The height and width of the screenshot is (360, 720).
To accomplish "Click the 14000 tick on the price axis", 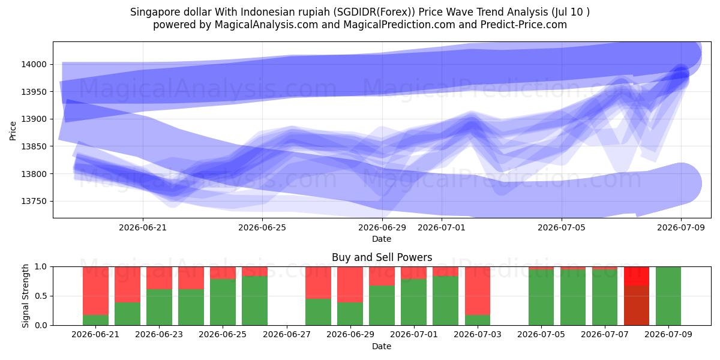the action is [34, 64].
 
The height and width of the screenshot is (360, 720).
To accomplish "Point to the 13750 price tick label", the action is [34, 201].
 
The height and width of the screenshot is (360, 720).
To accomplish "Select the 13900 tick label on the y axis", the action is [34, 119].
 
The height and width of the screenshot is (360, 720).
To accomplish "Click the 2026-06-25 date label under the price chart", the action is [262, 227].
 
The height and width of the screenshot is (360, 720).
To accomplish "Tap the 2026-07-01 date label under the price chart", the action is [442, 227].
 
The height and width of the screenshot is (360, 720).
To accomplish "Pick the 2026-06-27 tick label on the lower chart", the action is [287, 334].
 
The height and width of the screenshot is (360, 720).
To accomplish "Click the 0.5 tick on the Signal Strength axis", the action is [41, 296].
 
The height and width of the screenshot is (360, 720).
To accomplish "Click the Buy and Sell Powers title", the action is [382, 257].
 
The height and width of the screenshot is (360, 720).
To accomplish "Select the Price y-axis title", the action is [13, 131].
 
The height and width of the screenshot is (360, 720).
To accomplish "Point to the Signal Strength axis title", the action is [25, 296].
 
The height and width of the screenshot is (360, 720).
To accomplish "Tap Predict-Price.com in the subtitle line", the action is [524, 25].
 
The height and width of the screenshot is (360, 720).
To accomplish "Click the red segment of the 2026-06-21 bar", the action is [95, 290].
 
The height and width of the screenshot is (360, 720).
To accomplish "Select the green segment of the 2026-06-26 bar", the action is [254, 301].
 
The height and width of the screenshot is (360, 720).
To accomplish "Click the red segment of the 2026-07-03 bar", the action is [478, 290].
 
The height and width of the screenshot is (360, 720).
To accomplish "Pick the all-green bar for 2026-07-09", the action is [668, 296].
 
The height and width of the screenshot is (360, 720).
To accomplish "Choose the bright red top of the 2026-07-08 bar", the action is [637, 276].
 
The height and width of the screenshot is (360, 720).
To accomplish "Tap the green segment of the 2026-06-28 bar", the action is [318, 312].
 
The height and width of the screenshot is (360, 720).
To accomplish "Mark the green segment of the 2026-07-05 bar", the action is [541, 298].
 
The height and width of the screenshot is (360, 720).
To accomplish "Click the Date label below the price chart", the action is [382, 239].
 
